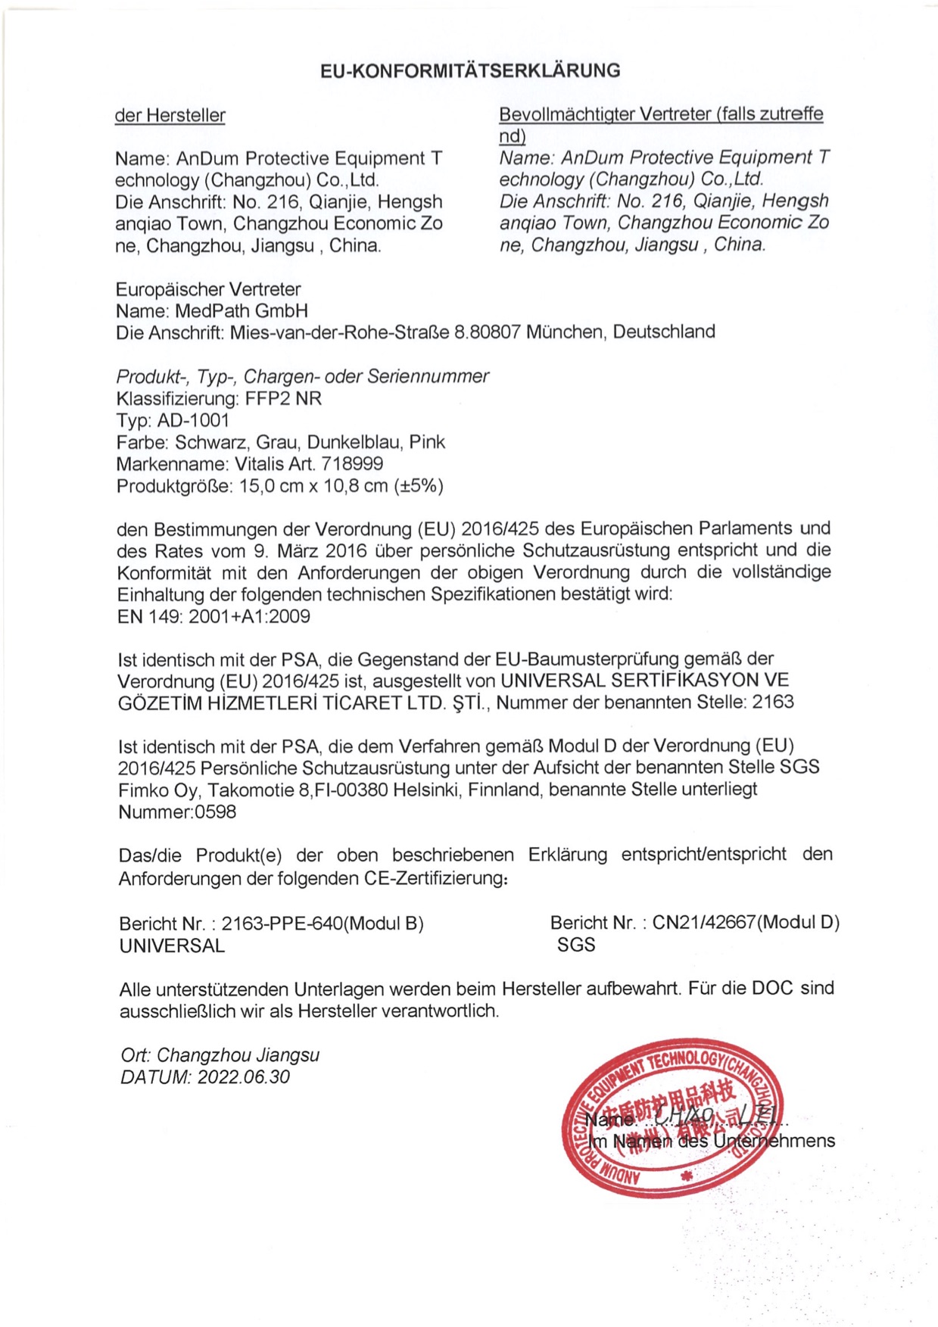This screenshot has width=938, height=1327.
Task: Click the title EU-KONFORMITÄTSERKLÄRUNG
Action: [469, 71]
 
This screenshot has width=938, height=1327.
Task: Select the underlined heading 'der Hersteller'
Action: [170, 116]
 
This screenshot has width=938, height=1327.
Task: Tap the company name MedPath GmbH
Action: [242, 311]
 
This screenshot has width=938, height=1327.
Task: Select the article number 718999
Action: [352, 464]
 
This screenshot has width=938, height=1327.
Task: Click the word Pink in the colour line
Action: [427, 442]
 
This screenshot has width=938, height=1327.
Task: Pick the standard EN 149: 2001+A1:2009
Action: [213, 616]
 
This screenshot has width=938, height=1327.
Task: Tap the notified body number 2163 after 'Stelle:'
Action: [772, 702]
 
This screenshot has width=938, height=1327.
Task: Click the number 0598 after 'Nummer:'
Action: [216, 812]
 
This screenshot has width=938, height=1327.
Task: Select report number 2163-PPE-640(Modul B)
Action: [323, 924]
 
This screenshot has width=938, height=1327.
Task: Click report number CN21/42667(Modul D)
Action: [746, 923]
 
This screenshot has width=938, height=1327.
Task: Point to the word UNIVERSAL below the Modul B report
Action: [172, 946]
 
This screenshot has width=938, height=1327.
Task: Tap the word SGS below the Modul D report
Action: [576, 945]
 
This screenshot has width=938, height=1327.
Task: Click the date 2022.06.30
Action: [243, 1077]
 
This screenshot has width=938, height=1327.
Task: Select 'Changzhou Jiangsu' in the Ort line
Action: [238, 1055]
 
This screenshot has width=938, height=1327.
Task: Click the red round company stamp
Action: [672, 1117]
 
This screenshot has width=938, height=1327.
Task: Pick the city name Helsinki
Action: [428, 790]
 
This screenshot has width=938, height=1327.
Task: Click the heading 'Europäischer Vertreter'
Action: [208, 289]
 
